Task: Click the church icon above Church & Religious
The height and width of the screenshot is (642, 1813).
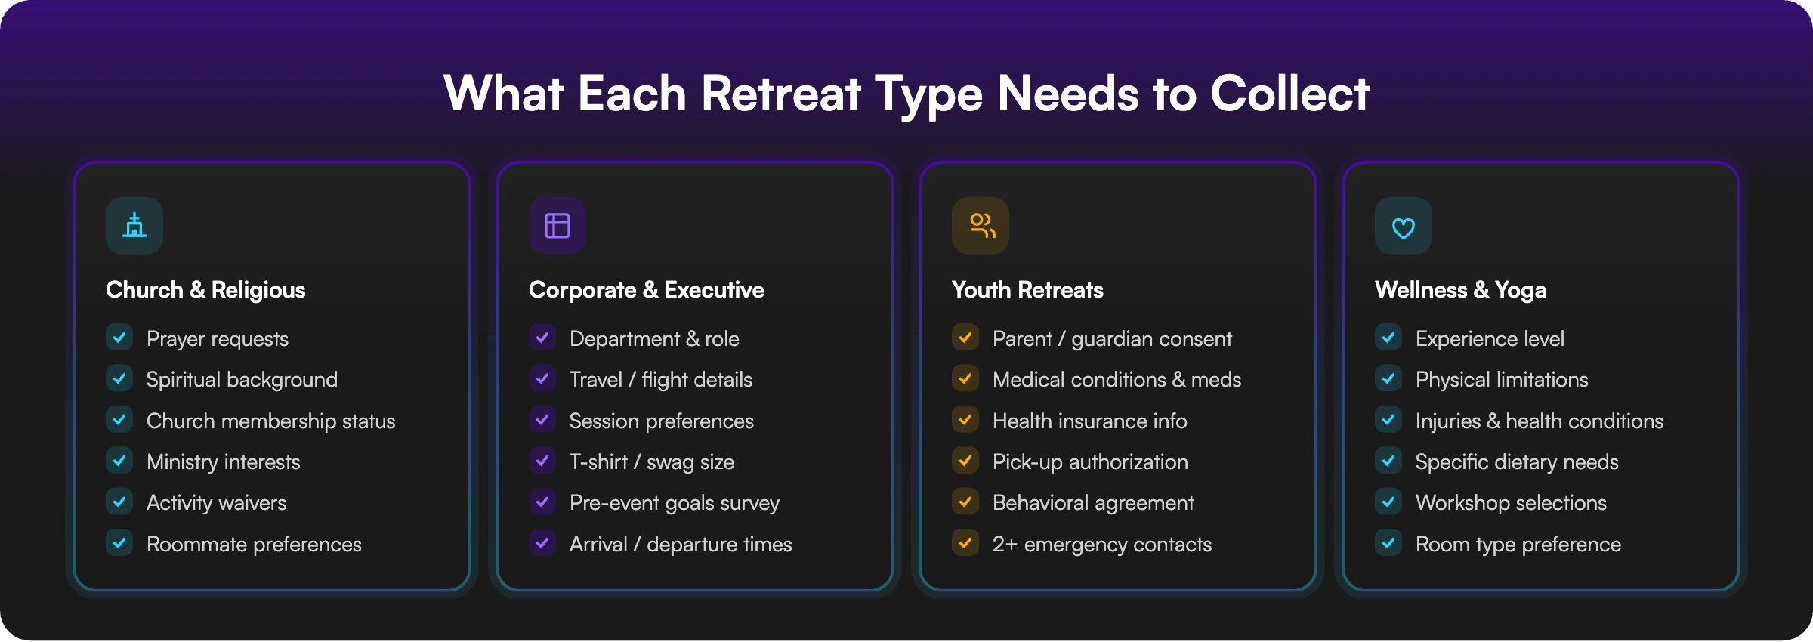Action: point(134,226)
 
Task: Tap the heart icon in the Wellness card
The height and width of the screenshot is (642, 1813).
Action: point(1403,226)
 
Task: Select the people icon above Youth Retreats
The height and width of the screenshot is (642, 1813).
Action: point(980,226)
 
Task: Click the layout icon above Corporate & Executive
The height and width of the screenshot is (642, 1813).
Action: point(557,226)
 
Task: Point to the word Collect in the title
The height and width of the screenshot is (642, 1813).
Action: point(1289,94)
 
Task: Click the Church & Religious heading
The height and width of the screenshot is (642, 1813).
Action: point(205,290)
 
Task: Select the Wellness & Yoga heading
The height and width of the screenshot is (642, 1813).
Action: point(1460,290)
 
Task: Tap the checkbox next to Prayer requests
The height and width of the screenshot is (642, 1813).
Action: point(119,338)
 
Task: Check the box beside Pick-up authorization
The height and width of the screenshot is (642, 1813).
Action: point(965,461)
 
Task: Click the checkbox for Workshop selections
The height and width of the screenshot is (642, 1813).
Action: point(1388,502)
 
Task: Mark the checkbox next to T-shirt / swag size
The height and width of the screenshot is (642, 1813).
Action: point(542,461)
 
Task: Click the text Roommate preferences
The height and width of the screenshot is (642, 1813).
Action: point(254,544)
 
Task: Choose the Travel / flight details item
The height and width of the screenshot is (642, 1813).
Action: point(660,379)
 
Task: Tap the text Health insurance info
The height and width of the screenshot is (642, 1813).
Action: point(1089,421)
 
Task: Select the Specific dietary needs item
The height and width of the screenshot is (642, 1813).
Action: point(1516,461)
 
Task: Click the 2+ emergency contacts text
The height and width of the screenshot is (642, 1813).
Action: point(1101,544)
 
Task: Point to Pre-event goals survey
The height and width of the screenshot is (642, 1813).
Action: point(674,503)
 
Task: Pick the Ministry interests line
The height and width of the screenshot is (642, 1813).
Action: point(223,461)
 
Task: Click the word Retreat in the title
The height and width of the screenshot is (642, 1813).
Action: point(780,94)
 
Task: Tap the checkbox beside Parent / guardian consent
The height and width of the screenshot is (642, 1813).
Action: point(965,338)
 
